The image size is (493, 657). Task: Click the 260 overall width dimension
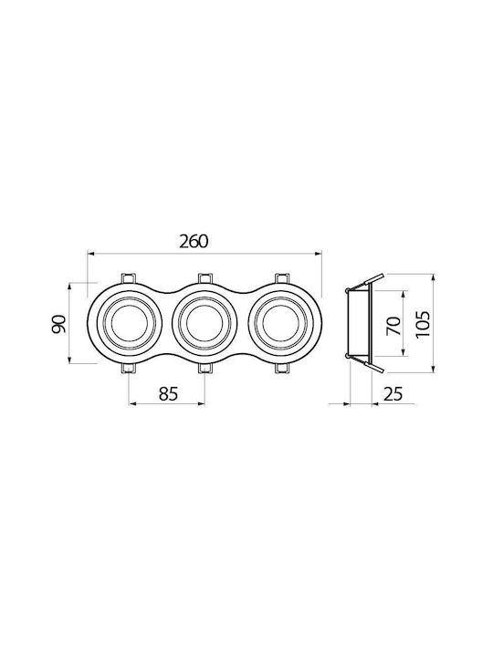[194, 241]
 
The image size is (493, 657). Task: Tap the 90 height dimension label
[58, 323]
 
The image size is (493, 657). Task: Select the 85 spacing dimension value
[169, 394]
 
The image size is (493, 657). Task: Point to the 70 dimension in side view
[393, 326]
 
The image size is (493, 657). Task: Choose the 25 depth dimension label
[393, 394]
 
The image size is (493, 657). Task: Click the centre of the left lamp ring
[129, 323]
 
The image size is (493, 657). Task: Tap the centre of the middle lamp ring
[205, 323]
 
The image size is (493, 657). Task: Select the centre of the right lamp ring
[280, 323]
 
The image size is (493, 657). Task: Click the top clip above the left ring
[129, 278]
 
